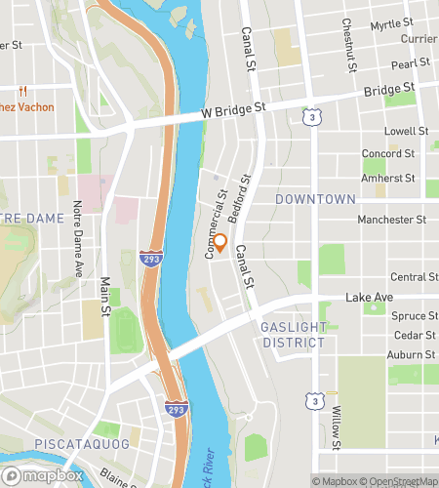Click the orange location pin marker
(x=219, y=244)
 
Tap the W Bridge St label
(x=234, y=113)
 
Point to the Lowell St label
(x=407, y=131)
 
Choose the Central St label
(x=414, y=277)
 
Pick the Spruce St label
(x=414, y=316)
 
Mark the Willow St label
(x=336, y=426)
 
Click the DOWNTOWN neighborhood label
(x=315, y=199)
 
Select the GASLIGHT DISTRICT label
(x=293, y=335)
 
